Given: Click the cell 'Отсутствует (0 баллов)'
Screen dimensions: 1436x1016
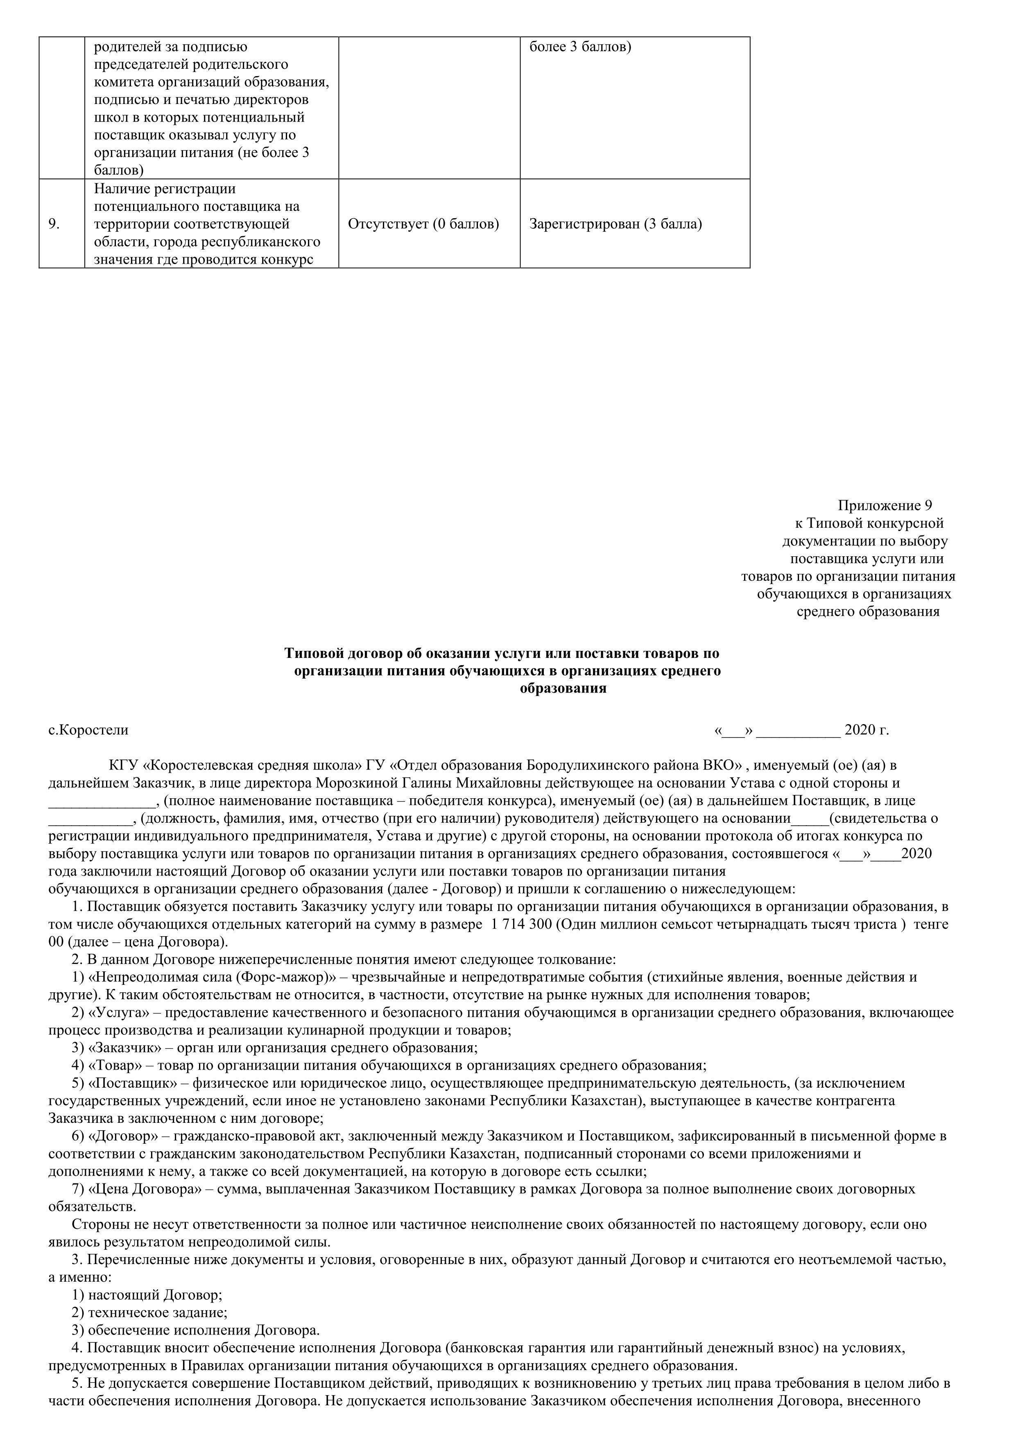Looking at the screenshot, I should point(423,224).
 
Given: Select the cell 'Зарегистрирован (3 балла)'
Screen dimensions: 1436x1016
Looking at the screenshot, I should point(615,224).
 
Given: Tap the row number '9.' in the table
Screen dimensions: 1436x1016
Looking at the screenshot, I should point(54,224).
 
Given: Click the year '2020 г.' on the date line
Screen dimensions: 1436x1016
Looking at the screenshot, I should point(867,730).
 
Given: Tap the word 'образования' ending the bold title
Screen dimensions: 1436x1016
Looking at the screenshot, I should point(563,689).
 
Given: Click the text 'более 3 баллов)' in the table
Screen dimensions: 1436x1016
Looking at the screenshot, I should point(580,47).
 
